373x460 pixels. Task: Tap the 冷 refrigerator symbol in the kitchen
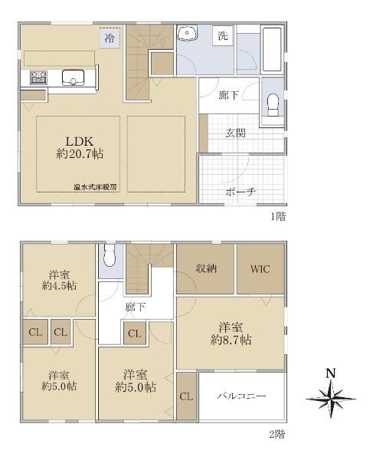coord(110,38)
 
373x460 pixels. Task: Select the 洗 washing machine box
coord(223,36)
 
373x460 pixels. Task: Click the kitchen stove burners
coord(38,77)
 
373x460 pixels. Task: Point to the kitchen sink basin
coord(73,77)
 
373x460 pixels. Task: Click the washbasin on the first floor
coord(187,32)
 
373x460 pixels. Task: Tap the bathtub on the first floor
coord(272,49)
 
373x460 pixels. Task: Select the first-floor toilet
coord(273,105)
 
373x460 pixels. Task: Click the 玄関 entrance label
coord(235,133)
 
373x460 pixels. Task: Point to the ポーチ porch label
coord(240,192)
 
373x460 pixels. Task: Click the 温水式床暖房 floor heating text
coord(95,187)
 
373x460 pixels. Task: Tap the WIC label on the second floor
coord(260,269)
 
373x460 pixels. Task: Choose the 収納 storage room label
coord(206,268)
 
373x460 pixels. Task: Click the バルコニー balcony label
coord(242,396)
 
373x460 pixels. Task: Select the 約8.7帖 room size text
coord(231,340)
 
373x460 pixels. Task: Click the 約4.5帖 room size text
coord(59,285)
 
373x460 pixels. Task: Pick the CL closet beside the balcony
coord(186,396)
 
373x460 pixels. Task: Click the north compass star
coord(331,399)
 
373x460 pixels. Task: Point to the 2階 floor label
coord(277,434)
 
